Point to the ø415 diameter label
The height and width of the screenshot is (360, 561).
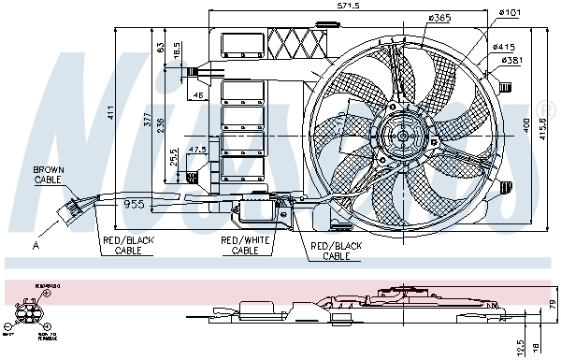[x=505, y=47]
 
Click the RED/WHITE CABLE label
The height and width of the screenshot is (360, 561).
[x=244, y=246]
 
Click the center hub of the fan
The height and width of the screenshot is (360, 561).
[x=404, y=137]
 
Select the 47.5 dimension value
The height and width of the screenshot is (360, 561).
[x=196, y=150]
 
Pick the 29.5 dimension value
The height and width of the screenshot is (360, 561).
[x=174, y=156]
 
